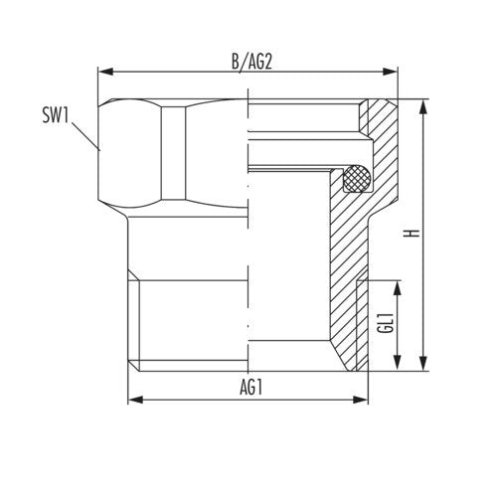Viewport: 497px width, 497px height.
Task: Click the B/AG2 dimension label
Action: (x=251, y=62)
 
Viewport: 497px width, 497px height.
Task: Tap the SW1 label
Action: (x=56, y=115)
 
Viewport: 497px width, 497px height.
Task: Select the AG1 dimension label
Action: (x=250, y=387)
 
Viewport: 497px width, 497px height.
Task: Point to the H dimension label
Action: (x=412, y=233)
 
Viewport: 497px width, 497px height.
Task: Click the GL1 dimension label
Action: (x=386, y=322)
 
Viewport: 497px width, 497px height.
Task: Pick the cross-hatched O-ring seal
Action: (x=357, y=178)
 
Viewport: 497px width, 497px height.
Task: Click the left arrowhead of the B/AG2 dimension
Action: (x=106, y=72)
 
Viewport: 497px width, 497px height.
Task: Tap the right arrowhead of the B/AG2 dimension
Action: (x=390, y=72)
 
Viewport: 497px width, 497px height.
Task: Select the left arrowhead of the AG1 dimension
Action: (x=135, y=400)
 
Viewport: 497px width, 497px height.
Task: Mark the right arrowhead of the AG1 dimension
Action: (x=361, y=400)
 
